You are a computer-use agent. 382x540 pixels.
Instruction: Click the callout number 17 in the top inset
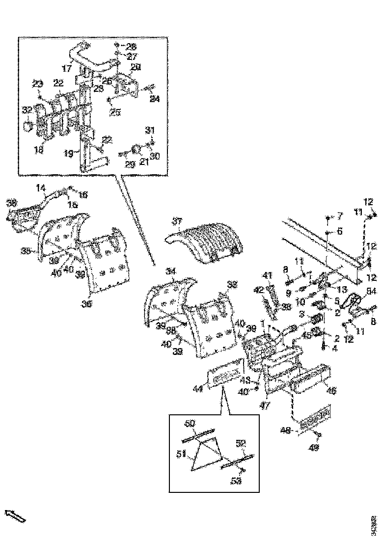67,68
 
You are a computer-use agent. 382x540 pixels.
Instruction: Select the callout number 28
131,47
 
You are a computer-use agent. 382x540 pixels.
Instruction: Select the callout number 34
170,271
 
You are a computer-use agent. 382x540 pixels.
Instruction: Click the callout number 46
332,391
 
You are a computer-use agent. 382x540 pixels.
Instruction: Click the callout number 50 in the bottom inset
190,423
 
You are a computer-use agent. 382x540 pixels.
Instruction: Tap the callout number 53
237,482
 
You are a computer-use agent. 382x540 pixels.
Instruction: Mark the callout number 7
338,216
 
